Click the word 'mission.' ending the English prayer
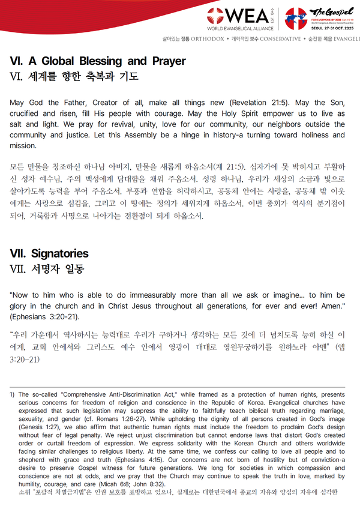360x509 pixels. [x=23, y=146]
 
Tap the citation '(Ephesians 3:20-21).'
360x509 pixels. [x=44, y=317]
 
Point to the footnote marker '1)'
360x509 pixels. [x=12, y=394]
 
